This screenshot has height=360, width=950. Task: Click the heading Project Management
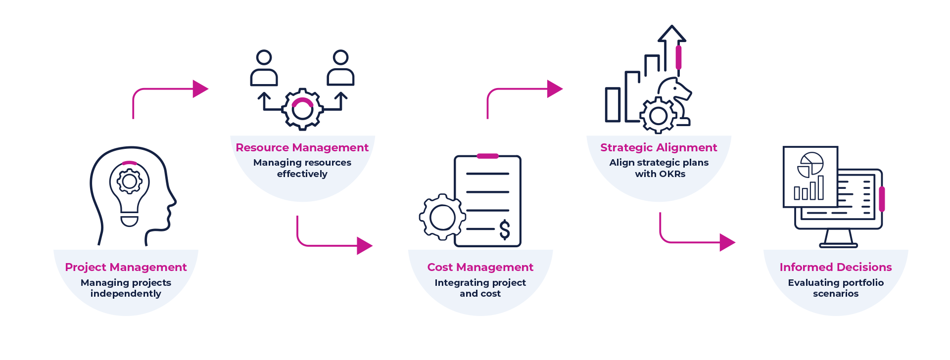[126, 267]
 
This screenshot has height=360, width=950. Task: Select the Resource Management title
[302, 147]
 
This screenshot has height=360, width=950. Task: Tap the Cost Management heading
[480, 267]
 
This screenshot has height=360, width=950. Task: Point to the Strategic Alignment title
[659, 147]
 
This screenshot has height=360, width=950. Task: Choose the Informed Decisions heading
[836, 267]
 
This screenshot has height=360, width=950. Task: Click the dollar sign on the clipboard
[505, 229]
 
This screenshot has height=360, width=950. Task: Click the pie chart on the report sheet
[810, 165]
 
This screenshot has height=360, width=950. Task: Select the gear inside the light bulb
[130, 181]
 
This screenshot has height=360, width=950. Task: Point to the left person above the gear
[264, 68]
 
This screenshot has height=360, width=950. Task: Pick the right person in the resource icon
[340, 68]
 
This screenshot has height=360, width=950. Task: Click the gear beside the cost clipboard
[442, 218]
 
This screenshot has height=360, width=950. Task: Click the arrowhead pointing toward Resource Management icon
[200, 89]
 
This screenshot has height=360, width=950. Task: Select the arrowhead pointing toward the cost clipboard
[364, 245]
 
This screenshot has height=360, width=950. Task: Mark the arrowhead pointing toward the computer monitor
[727, 242]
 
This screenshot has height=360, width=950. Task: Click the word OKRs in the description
[672, 174]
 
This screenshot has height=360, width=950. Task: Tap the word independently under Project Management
[126, 294]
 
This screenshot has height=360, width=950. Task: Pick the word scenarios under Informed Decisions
[836, 294]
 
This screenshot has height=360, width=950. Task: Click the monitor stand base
[838, 244]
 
